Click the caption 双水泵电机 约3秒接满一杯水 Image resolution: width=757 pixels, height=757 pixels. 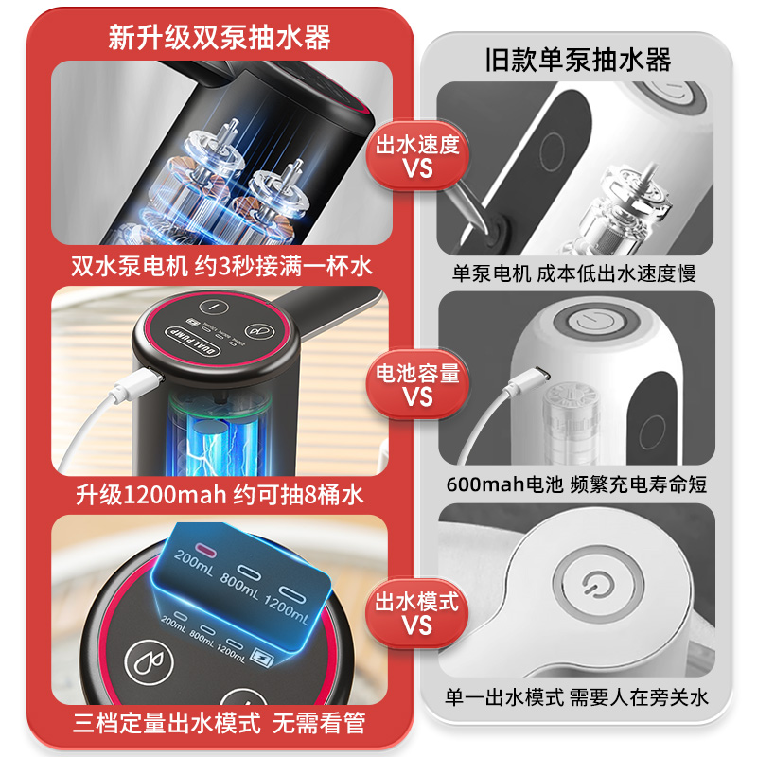coord(220,266)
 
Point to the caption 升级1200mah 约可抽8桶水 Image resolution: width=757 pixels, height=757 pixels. coord(220,494)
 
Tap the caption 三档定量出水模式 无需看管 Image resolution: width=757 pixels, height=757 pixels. coord(220,725)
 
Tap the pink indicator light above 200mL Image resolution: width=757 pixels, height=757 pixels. coord(205,552)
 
